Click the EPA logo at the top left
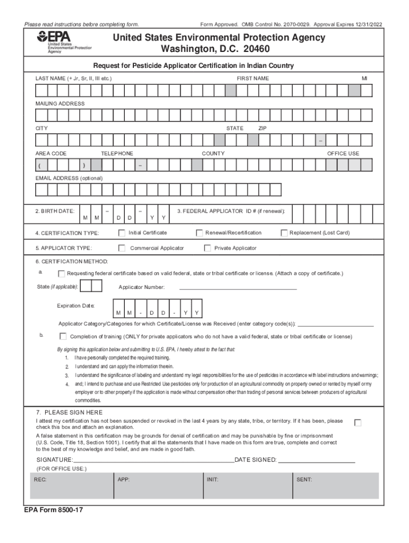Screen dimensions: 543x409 click(64, 42)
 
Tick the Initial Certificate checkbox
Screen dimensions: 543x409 click(122, 233)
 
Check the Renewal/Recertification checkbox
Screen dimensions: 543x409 click(200, 233)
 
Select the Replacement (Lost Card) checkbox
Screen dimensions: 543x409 click(284, 233)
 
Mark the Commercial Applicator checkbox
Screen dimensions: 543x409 click(122, 248)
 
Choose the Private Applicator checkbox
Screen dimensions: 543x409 click(208, 248)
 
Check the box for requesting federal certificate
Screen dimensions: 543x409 click(61, 274)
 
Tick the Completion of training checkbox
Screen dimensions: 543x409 click(63, 336)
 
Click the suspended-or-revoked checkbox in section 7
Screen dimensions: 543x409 click(358, 423)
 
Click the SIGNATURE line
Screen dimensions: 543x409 click(154, 460)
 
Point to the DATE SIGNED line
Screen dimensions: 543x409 click(317, 460)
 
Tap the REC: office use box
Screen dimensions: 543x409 click(72, 486)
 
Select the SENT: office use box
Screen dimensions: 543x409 click(336, 486)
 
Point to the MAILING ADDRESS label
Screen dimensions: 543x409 click(60, 104)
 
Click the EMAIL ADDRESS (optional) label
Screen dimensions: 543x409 click(69, 178)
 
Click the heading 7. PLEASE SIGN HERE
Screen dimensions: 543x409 click(69, 413)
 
